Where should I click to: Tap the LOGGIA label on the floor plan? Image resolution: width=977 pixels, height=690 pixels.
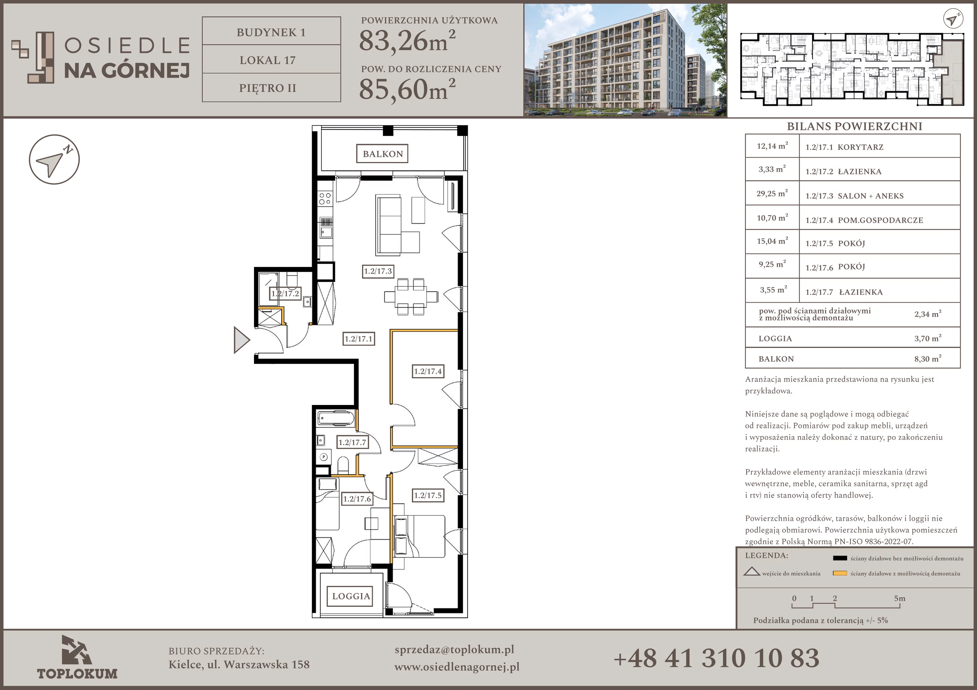[351, 596]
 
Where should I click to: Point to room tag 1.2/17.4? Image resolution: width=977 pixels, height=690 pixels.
[428, 371]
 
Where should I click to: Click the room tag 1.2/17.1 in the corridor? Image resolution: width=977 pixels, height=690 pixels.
[359, 339]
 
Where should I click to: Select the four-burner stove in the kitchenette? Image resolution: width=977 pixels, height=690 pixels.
[325, 198]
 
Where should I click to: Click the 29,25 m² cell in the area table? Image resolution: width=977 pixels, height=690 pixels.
[772, 193]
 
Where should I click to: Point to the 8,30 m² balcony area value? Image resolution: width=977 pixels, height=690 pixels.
[928, 359]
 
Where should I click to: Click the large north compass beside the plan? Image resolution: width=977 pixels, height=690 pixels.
[54, 160]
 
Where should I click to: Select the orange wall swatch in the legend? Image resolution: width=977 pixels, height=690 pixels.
[840, 573]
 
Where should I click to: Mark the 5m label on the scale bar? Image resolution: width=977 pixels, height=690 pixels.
[899, 598]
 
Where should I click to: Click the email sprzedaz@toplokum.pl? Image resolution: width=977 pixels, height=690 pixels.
[455, 650]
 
